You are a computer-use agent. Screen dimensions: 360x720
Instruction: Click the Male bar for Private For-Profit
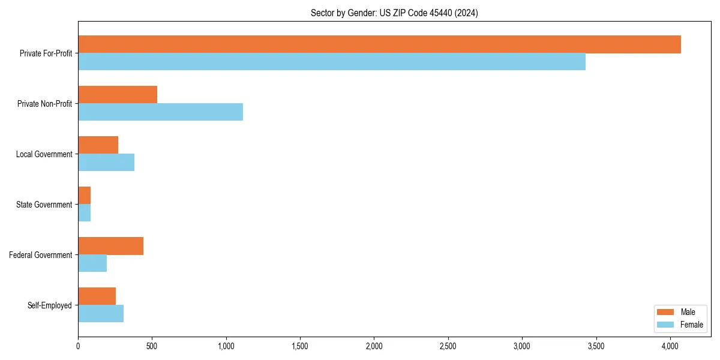[379, 44]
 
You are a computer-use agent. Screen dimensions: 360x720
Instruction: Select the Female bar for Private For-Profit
[332, 62]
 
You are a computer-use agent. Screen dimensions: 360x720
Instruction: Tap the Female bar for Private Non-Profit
[160, 112]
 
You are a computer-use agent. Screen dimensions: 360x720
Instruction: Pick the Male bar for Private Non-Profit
[118, 95]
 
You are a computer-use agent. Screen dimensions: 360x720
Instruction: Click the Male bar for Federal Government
[110, 246]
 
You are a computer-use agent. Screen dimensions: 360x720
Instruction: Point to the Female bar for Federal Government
[92, 263]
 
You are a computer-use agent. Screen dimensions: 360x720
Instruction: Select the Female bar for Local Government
[106, 163]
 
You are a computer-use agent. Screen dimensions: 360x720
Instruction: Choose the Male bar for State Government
[84, 196]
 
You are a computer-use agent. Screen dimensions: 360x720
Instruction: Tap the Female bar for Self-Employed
[101, 314]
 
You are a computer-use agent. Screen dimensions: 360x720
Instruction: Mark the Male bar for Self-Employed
[97, 296]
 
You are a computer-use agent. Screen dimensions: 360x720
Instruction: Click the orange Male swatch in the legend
[666, 312]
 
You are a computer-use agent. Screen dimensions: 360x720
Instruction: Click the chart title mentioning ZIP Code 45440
[394, 13]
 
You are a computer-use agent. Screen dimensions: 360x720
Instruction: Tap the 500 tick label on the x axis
[152, 346]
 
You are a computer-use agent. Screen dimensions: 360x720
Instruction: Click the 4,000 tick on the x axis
[670, 346]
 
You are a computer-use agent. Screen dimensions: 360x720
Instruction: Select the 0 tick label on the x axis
[78, 346]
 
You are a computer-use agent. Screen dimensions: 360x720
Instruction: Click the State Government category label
[44, 205]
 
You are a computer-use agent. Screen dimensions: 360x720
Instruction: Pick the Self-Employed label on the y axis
[50, 305]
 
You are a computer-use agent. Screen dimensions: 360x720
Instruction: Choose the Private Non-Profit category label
[44, 104]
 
